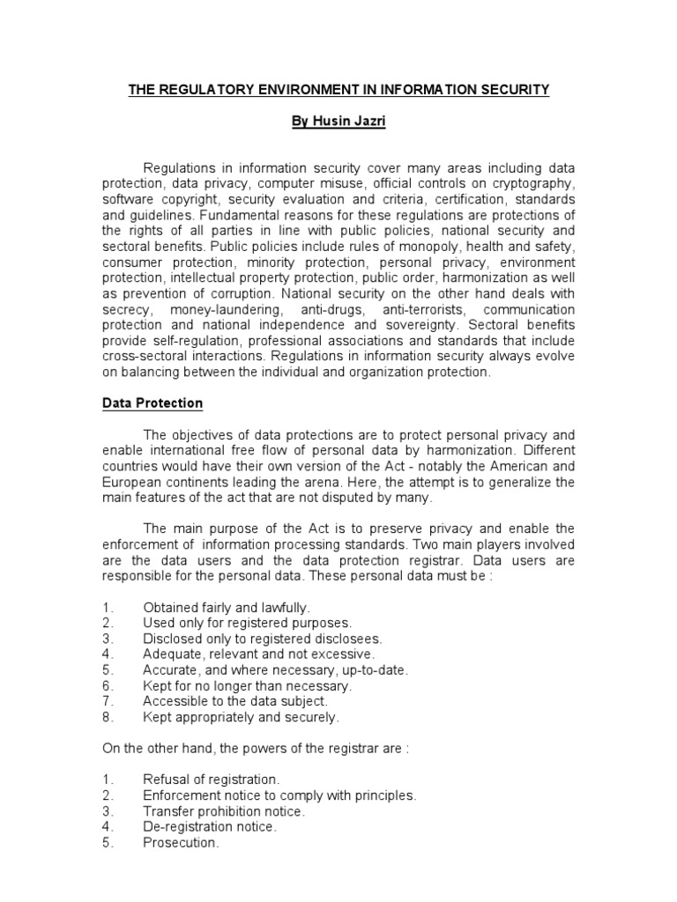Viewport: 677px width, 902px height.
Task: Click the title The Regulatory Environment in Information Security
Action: [x=338, y=90]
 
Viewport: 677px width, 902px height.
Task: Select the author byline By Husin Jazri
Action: [x=338, y=122]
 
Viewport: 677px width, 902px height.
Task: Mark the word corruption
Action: [x=261, y=294]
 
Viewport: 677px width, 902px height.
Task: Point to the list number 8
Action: [x=107, y=717]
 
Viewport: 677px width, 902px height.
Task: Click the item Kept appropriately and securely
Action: [x=240, y=717]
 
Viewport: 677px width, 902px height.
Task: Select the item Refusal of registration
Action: [x=211, y=780]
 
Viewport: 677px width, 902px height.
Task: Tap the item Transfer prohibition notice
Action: [x=224, y=811]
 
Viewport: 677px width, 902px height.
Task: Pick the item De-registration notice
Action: [x=209, y=827]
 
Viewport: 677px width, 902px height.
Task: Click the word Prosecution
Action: [x=180, y=843]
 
